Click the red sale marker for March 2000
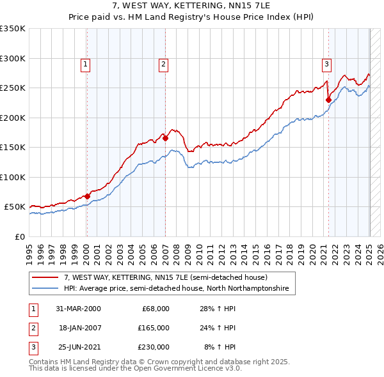point(87,196)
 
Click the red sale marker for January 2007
point(165,137)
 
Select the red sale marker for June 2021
point(328,99)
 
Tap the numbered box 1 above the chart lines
point(85,64)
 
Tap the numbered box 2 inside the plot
point(163,64)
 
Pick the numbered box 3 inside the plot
point(326,64)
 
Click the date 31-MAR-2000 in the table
point(78,309)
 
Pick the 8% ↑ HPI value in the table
point(220,347)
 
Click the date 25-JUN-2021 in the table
point(78,347)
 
